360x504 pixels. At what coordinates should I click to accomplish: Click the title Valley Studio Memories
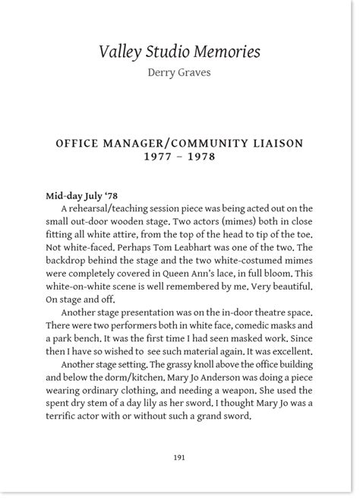tap(180, 52)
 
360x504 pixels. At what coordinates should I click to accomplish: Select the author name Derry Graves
tap(180, 74)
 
